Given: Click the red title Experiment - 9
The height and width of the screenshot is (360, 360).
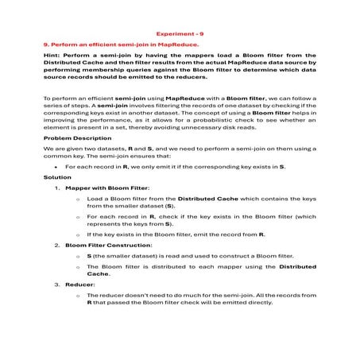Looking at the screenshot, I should click(180, 34).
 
